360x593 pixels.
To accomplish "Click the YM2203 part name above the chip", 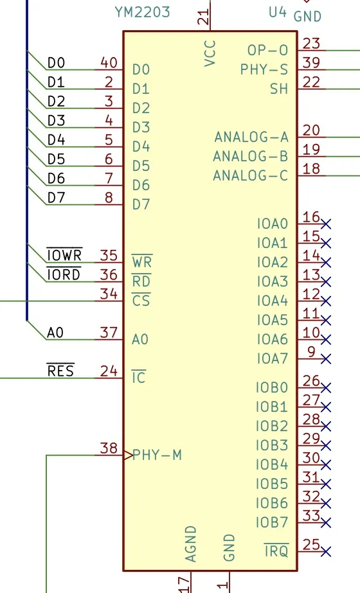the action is (x=142, y=12).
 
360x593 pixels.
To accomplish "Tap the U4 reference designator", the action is (x=278, y=12).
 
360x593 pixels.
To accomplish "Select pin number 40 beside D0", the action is (x=109, y=62).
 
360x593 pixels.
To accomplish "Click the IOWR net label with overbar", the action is (x=64, y=254).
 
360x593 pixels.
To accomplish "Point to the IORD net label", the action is (x=64, y=274).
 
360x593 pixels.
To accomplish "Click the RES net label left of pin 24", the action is (x=60, y=370).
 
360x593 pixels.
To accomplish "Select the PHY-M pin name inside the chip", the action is (x=157, y=455).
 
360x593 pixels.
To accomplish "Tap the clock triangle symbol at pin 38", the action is (x=128, y=455).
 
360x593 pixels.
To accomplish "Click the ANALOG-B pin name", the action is (x=251, y=156).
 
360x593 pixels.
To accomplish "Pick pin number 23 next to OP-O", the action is (x=311, y=44).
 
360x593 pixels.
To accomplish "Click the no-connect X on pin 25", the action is (x=326, y=551).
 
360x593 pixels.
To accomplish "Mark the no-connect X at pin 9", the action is (x=326, y=358).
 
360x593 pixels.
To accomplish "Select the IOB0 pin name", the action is (x=272, y=387).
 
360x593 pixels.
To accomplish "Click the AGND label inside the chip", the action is (x=190, y=544).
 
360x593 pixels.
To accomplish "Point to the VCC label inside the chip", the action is (x=210, y=53).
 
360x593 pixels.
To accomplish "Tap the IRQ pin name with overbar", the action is (x=276, y=550).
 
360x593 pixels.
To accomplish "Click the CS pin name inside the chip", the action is (x=141, y=300).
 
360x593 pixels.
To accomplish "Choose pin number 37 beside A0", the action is (x=109, y=332).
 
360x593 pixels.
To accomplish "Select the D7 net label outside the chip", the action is (x=56, y=197).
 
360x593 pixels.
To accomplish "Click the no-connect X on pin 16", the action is (x=326, y=224).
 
